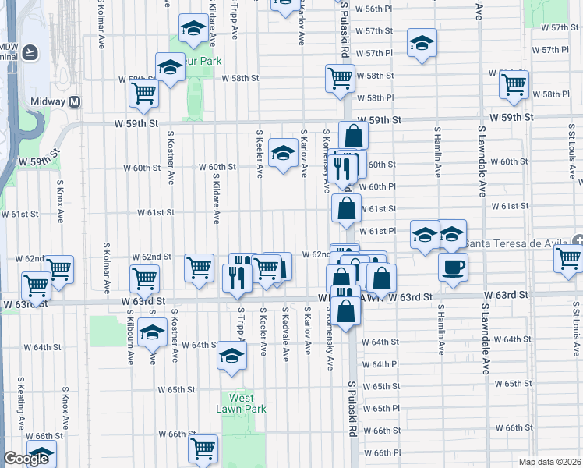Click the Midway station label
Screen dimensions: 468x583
click(48, 101)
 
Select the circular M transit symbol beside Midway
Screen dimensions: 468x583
click(75, 101)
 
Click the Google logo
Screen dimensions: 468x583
click(26, 459)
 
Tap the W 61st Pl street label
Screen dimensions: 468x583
click(380, 231)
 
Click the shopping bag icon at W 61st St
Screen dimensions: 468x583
click(346, 209)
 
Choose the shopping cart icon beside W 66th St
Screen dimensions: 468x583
click(203, 448)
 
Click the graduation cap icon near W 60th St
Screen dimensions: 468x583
click(282, 152)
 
